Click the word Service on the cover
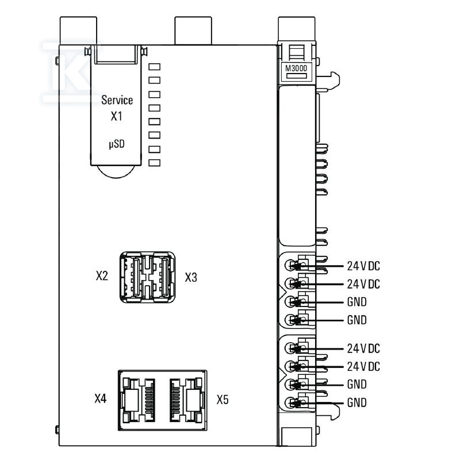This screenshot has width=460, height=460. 117,100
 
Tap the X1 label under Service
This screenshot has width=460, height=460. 117,116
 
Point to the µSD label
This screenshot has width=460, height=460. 117,144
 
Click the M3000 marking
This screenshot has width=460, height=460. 296,68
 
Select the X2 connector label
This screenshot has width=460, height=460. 102,276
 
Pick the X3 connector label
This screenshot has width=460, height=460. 191,277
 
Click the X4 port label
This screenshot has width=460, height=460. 100,398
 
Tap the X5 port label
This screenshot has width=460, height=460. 223,400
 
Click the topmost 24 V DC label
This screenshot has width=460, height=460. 363,266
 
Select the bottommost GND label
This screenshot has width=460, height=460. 356,402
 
